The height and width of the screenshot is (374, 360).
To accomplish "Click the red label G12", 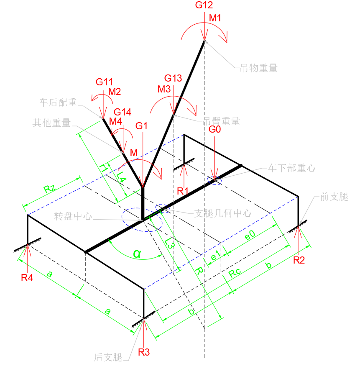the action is (x=204, y=5).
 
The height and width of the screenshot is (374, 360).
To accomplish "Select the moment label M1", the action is (x=215, y=18).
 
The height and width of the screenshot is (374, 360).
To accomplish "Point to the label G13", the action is (x=173, y=78).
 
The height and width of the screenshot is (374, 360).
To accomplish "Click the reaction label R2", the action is (x=299, y=260).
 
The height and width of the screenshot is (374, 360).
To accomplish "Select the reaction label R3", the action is (x=144, y=352).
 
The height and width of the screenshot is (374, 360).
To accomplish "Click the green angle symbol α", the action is (x=137, y=253).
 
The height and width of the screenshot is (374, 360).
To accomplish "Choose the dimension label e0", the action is (x=250, y=237).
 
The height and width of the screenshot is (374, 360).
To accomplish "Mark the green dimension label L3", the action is (x=169, y=243).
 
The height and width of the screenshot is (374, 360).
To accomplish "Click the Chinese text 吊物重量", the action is (x=258, y=68).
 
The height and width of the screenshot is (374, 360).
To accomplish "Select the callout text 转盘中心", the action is (x=73, y=216).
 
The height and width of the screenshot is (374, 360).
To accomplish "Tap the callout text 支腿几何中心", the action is (x=223, y=213).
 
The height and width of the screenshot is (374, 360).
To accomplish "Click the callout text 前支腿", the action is (x=334, y=197).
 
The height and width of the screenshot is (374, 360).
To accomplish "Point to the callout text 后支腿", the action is (x=108, y=357).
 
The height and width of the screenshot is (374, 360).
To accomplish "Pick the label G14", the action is (x=123, y=112).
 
